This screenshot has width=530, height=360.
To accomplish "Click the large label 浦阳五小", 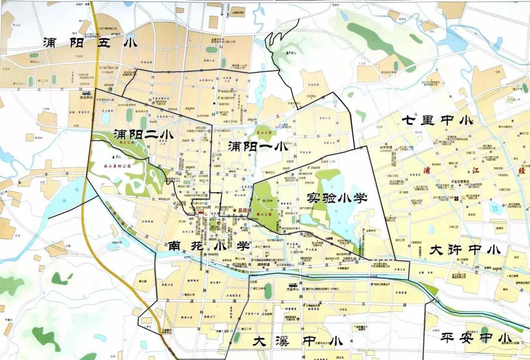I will [89, 43].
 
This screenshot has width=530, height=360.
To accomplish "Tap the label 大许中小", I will [465, 249].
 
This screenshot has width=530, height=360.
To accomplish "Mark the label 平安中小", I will [476, 338].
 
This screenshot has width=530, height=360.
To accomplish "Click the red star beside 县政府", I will [235, 211].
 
